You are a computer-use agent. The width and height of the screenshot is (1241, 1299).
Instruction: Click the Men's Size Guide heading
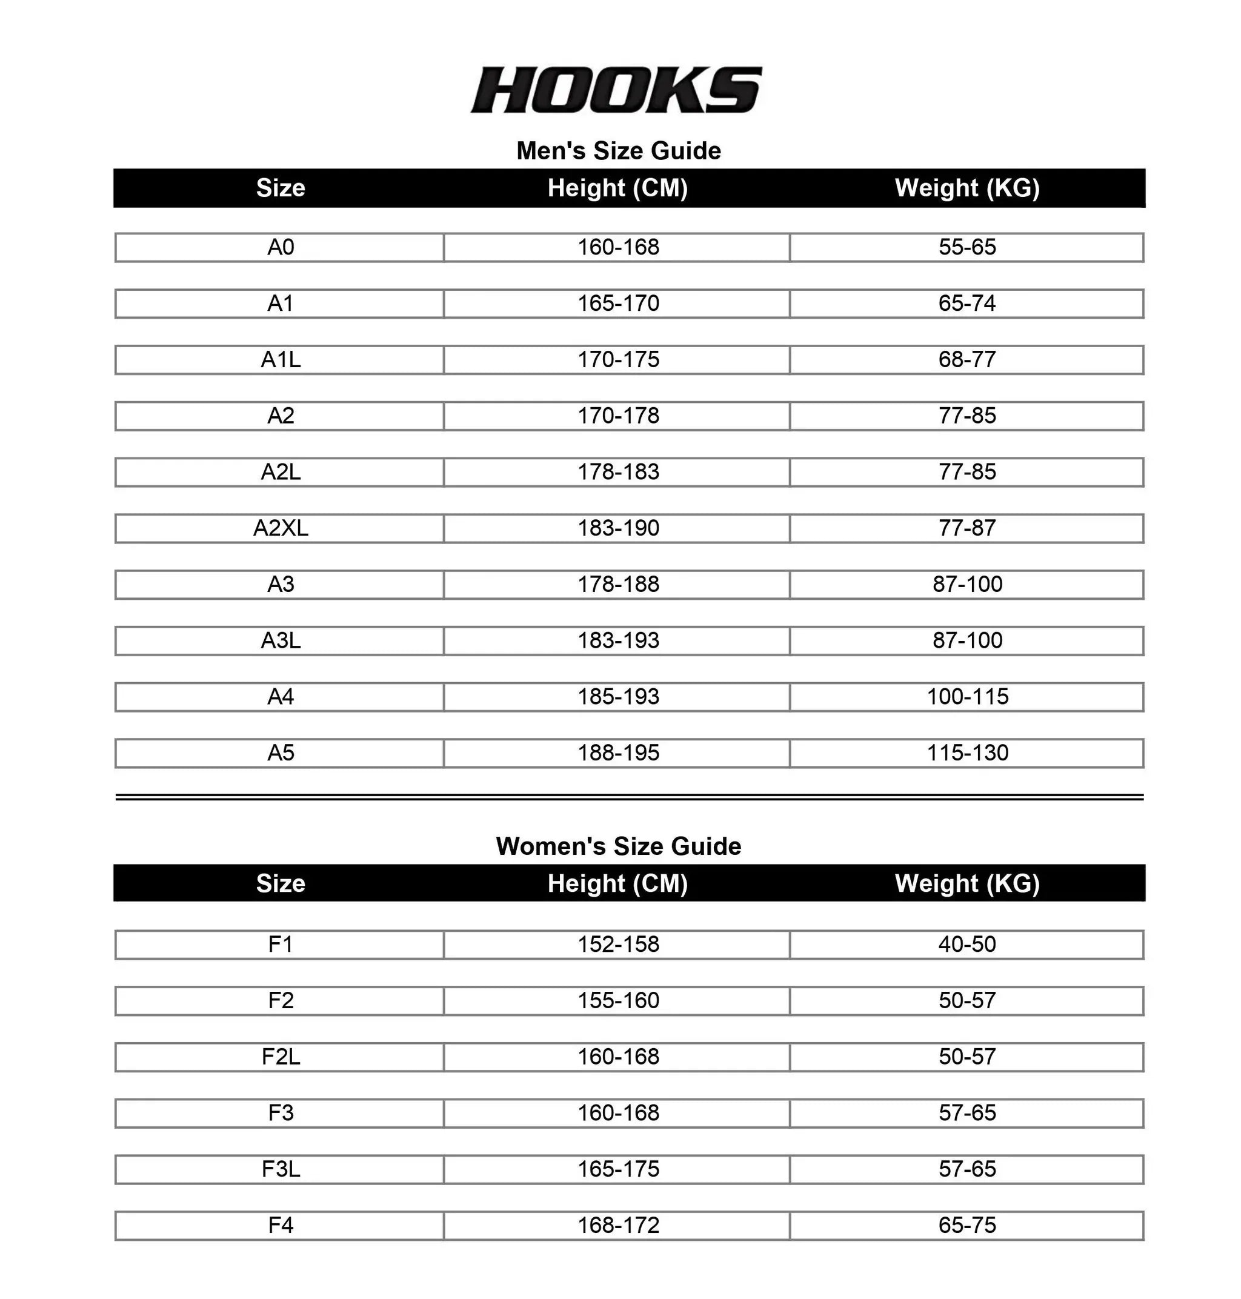619,151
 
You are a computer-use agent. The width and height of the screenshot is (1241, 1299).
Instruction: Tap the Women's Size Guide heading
619,846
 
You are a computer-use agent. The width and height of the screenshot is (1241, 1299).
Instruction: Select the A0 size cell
281,247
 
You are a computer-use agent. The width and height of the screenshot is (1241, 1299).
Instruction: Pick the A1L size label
281,360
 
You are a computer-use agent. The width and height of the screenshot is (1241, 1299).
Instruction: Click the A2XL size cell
281,528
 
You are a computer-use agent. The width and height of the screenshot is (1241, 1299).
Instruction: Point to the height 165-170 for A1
619,304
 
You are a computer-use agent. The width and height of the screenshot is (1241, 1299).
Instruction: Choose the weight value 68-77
967,360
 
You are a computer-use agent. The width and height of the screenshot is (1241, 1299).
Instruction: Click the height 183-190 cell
619,528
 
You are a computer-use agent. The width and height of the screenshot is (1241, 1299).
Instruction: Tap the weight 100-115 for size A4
967,697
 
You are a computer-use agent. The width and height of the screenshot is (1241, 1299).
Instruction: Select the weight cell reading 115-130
967,752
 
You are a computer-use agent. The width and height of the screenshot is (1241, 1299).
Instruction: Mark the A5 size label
281,752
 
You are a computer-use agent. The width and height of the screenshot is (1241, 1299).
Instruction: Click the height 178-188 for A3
619,585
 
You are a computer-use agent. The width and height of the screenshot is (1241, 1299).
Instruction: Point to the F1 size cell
281,945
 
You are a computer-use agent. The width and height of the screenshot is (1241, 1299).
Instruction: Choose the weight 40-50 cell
967,945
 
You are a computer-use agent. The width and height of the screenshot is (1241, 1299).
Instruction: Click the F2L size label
281,1057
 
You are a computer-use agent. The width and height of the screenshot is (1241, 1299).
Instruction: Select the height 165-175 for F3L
619,1169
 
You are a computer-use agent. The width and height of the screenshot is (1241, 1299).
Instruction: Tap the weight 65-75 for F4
967,1226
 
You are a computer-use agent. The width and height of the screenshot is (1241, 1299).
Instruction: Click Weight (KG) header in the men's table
967,188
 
